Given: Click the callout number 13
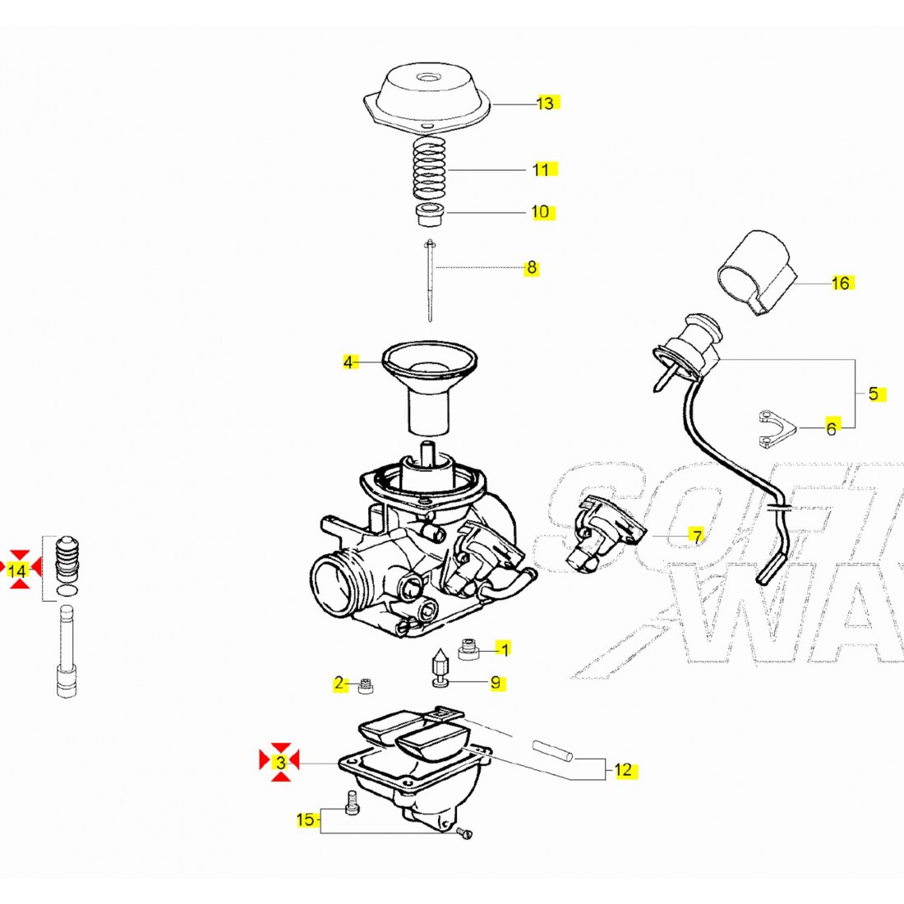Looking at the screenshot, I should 546,104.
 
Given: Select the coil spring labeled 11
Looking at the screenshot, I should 428,168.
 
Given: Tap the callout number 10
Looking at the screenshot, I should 540,212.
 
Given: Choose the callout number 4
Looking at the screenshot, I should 349,362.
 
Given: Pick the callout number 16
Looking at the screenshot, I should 840,284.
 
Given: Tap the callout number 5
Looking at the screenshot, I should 873,394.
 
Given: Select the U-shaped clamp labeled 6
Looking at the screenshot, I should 775,428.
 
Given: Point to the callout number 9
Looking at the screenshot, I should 496,683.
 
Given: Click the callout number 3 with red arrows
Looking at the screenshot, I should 280,763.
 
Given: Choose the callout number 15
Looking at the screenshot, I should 305,819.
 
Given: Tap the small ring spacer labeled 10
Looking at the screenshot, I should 428,217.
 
